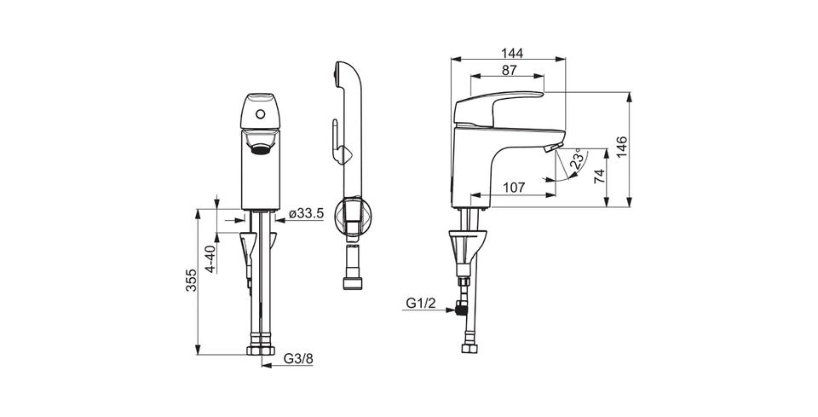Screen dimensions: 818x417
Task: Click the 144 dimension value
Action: [512, 53]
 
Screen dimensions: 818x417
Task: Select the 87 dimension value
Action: [510, 71]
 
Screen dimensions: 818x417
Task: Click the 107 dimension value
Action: [515, 188]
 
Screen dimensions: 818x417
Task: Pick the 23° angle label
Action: [577, 159]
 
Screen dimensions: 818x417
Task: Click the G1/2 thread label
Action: [420, 304]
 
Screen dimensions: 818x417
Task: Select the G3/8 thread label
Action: [298, 358]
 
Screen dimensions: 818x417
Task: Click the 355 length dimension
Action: [192, 281]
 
